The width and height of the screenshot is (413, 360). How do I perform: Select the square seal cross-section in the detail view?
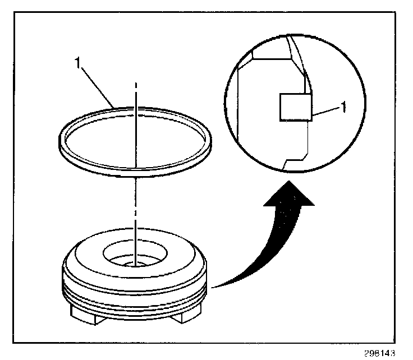[295, 107]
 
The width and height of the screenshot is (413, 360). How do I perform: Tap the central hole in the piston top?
[135, 253]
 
